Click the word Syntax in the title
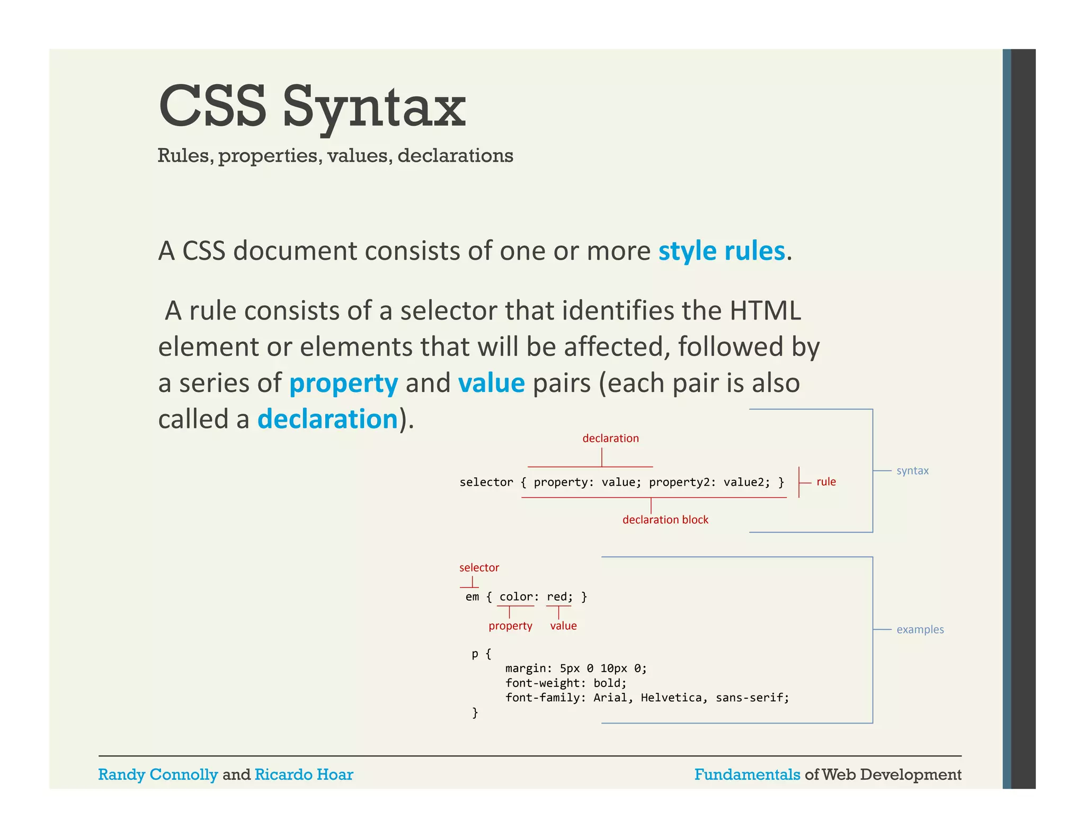tap(373, 108)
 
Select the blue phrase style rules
tap(721, 251)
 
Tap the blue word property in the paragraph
tap(343, 383)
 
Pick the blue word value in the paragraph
tap(491, 383)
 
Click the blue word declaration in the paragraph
tap(327, 419)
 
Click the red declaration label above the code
tap(610, 438)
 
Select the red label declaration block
tap(665, 520)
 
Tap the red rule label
tap(826, 482)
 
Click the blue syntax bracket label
tap(912, 470)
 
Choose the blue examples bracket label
tap(920, 629)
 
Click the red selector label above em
tap(479, 567)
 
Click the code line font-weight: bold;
tap(565, 683)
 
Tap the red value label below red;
tap(563, 626)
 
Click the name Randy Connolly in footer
tap(158, 774)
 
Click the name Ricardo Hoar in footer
tap(304, 774)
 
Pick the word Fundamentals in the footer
tap(747, 774)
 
